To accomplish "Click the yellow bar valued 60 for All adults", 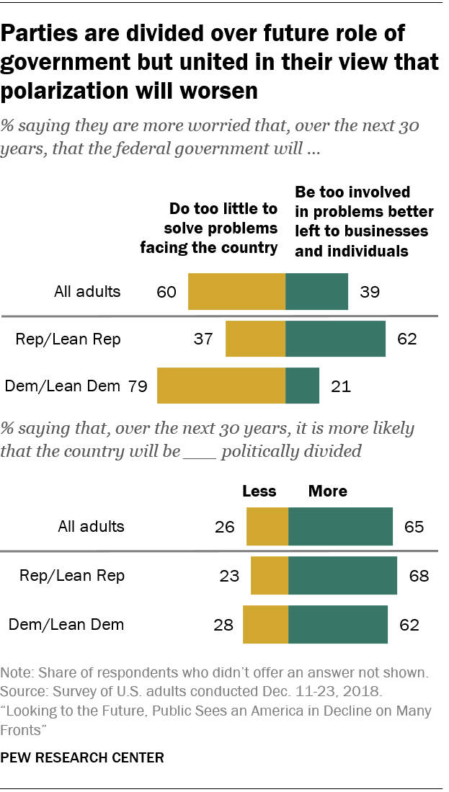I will click(x=236, y=292).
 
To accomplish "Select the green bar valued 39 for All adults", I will click(x=317, y=292).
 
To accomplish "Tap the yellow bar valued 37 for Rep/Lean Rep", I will click(x=256, y=339).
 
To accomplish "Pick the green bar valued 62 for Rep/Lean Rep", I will click(x=336, y=339).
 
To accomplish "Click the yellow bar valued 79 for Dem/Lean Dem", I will click(x=221, y=385).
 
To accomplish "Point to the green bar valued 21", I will click(x=303, y=385).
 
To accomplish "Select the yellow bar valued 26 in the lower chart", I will click(x=267, y=526).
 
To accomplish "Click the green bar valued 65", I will click(x=341, y=526).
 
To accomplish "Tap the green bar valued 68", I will click(x=343, y=575).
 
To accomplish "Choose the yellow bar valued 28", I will click(x=266, y=624).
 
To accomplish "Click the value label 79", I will click(x=138, y=386).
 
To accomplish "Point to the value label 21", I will click(x=341, y=386).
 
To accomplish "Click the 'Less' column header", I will click(x=259, y=491).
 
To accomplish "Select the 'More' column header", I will click(x=328, y=491).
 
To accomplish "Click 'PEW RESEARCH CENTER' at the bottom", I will click(x=83, y=757).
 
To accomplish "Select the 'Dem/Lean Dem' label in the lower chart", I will click(x=66, y=624).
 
